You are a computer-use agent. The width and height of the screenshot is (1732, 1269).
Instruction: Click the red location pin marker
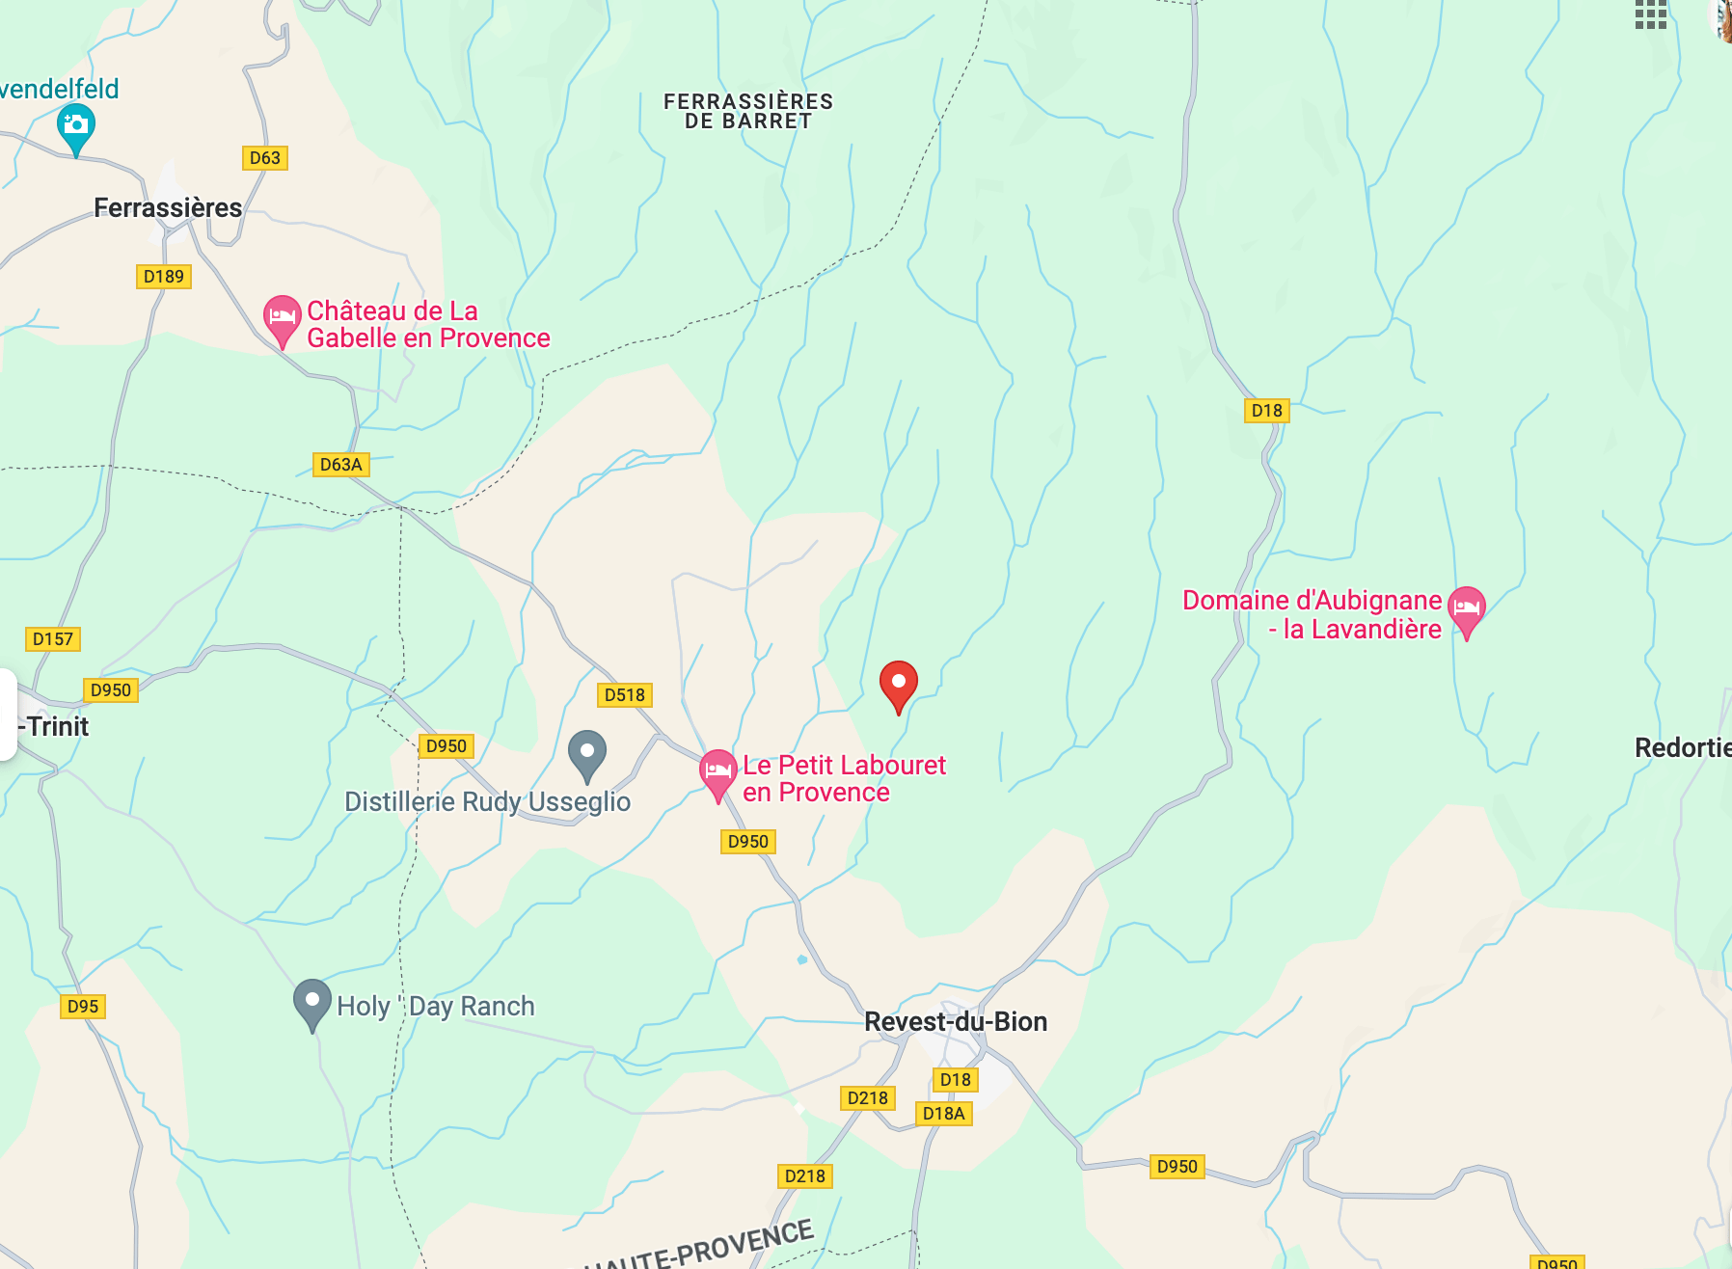[x=898, y=684]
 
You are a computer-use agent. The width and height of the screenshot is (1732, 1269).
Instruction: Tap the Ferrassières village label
[x=168, y=207]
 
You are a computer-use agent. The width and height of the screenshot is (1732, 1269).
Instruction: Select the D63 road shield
[x=264, y=158]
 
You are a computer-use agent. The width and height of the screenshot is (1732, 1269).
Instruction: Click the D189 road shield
[x=163, y=277]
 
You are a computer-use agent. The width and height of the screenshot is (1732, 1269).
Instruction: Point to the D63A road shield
[x=340, y=465]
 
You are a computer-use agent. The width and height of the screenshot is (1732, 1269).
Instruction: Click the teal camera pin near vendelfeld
[x=75, y=125]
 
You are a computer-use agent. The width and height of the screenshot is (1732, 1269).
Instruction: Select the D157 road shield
[x=52, y=639]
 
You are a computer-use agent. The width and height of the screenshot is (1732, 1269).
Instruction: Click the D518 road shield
[x=624, y=695]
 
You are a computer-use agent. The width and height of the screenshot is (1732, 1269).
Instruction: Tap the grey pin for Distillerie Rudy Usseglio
[x=586, y=752]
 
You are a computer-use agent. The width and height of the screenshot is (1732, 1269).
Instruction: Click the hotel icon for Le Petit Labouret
[x=717, y=771]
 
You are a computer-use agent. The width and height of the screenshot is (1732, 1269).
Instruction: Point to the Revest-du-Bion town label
[x=955, y=1021]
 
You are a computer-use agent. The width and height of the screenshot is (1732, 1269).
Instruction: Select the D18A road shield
[x=942, y=1114]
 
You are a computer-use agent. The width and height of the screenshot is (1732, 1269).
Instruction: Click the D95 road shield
[x=82, y=1007]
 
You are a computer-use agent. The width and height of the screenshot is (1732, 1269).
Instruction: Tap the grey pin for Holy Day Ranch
[x=311, y=1001]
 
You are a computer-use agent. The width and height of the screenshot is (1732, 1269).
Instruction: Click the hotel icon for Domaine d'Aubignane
[x=1466, y=608]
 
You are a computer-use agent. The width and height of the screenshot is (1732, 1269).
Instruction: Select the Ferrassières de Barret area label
[x=747, y=111]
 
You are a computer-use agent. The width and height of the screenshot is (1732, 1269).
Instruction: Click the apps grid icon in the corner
[x=1650, y=14]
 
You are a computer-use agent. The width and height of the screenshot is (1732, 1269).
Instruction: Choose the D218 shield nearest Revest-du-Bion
[x=867, y=1098]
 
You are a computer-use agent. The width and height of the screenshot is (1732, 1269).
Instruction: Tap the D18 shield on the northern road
[x=1266, y=411]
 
